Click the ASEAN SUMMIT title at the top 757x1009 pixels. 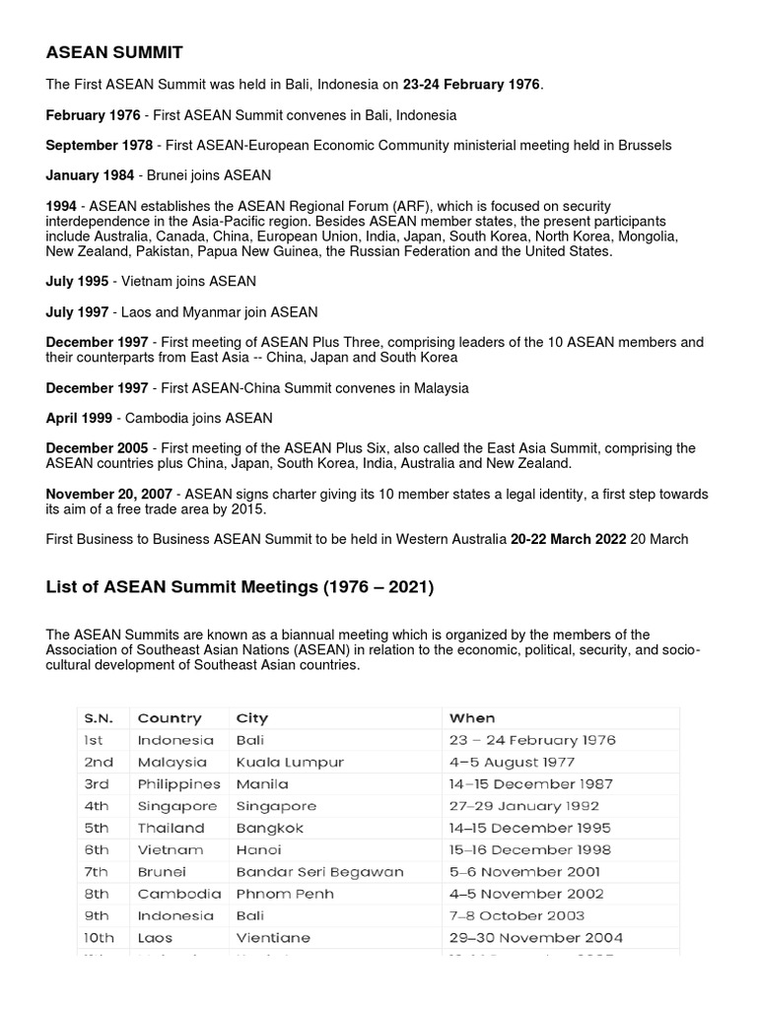click(x=114, y=51)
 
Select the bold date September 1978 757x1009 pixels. click(x=99, y=145)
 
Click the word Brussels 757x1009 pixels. click(x=645, y=145)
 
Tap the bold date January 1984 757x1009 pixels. click(x=92, y=175)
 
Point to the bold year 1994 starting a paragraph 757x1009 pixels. click(x=61, y=205)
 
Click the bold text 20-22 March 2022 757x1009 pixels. click(x=568, y=539)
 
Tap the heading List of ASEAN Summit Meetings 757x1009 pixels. click(x=240, y=587)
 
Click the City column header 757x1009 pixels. click(x=251, y=718)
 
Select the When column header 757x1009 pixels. click(x=471, y=718)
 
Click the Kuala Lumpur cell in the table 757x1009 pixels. click(x=290, y=762)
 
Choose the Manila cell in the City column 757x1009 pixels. click(x=262, y=784)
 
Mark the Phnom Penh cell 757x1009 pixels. click(x=285, y=894)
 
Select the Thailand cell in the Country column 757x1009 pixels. click(x=171, y=828)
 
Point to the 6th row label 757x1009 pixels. click(x=99, y=849)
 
